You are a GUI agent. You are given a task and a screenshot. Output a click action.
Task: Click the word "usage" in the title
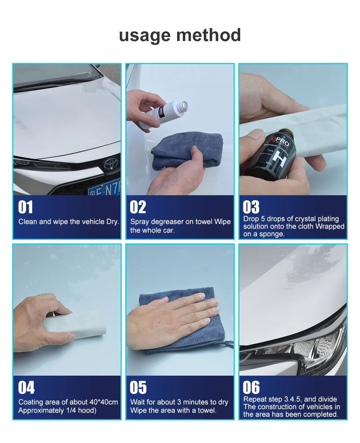145,36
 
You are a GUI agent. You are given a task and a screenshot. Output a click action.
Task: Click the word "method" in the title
208,35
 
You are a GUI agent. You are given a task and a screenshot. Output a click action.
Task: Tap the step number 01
26,207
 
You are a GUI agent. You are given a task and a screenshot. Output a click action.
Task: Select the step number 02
138,207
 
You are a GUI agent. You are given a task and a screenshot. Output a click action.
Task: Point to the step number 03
251,207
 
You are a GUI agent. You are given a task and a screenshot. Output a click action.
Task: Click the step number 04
26,388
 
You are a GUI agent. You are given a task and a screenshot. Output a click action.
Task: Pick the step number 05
138,388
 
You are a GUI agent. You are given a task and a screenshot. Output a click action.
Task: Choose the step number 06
251,388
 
